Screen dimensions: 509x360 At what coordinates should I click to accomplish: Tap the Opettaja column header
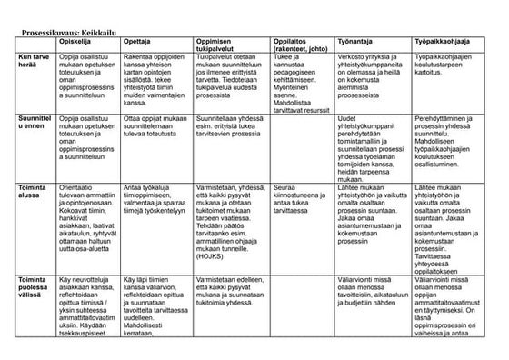[x=135, y=42]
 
